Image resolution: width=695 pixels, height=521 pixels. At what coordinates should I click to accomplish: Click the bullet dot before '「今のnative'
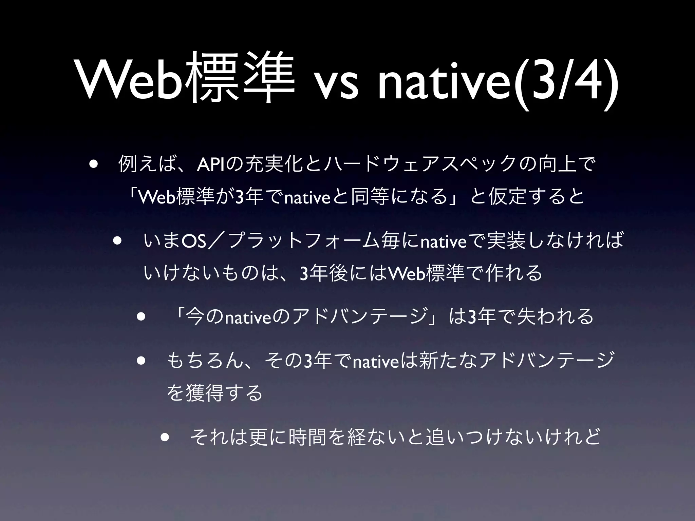(141, 317)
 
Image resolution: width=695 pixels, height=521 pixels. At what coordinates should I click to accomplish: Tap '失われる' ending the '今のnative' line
(555, 317)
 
